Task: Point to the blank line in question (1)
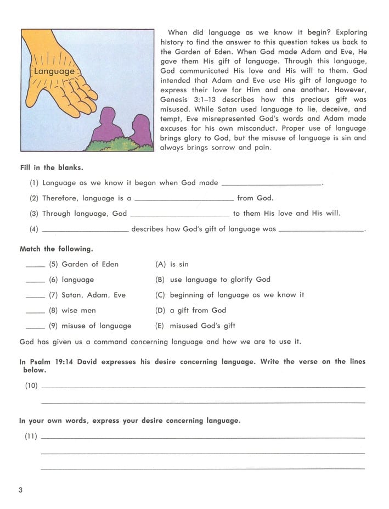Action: coord(272,183)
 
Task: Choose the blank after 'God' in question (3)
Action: coord(180,214)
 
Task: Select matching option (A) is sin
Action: coord(172,264)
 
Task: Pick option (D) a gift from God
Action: coord(191,310)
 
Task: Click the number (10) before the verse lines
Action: coord(31,385)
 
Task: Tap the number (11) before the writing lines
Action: coord(31,437)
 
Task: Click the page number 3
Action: coord(21,490)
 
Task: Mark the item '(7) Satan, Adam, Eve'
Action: coord(87,295)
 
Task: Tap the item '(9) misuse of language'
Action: coord(90,326)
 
